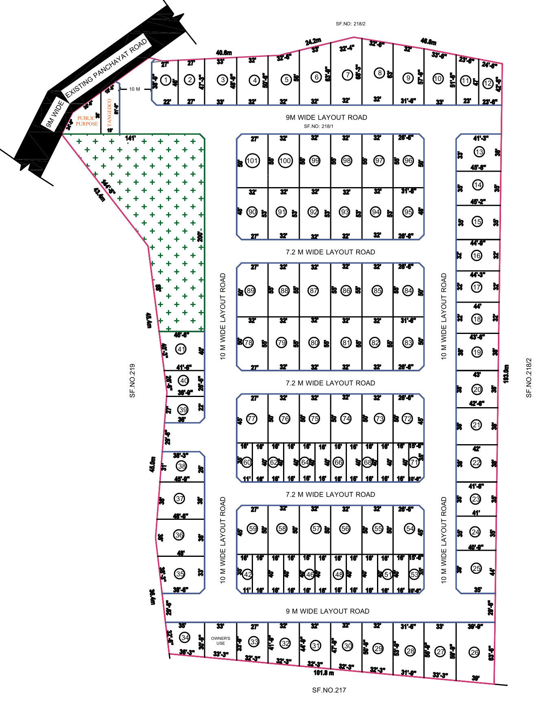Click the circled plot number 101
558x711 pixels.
[252, 161]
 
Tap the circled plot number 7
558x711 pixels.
[347, 75]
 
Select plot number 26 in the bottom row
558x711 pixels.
[474, 652]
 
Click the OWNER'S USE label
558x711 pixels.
[220, 641]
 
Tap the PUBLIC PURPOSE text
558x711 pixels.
[87, 121]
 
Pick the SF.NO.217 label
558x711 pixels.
[329, 690]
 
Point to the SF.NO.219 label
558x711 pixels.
[132, 380]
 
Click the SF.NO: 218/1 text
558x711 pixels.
[318, 126]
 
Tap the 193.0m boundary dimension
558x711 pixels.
[506, 373]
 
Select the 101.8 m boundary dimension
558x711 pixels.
[323, 673]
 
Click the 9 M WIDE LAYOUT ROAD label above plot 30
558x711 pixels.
[327, 611]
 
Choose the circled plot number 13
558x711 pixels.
[479, 152]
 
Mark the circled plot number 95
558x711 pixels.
[408, 212]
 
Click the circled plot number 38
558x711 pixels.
[181, 466]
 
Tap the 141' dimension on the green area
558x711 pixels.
[130, 138]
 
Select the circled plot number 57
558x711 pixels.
[316, 528]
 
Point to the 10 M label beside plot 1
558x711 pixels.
[135, 89]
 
